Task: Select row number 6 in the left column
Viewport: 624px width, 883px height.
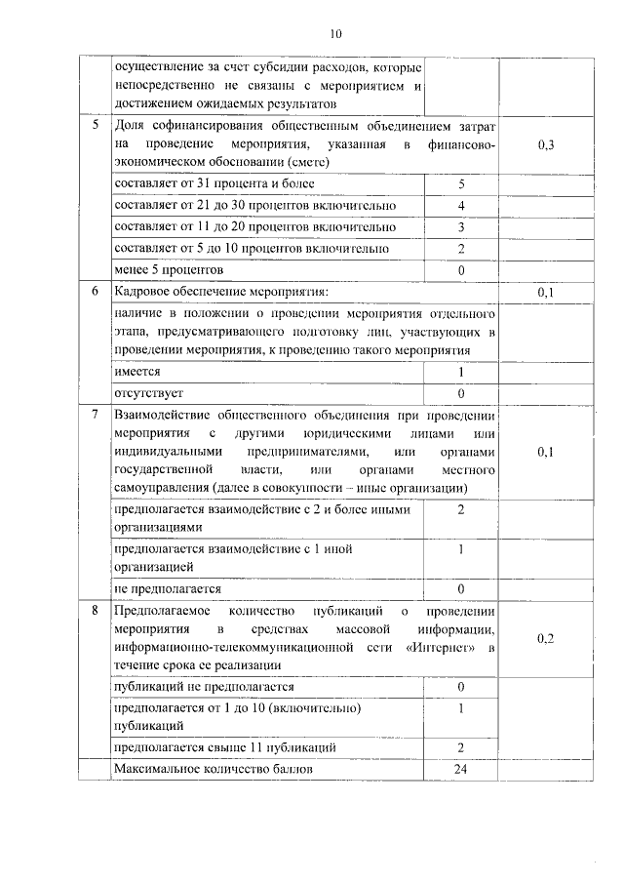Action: [95, 292]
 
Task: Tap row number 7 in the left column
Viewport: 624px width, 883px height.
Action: [95, 415]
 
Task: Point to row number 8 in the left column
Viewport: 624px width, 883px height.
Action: [95, 612]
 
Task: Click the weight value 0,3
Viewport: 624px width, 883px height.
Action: [546, 145]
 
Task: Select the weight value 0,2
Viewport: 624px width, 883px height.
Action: [546, 639]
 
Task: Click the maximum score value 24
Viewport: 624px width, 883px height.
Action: [461, 770]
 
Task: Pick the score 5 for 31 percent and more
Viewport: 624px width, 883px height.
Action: [461, 183]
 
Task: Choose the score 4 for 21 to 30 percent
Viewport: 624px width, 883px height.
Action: [461, 205]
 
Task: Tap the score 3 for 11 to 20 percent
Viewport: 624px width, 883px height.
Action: [461, 226]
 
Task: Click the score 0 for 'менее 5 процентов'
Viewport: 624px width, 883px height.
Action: [461, 269]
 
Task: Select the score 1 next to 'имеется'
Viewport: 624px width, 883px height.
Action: [461, 372]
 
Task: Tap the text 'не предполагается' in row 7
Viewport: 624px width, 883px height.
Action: [168, 589]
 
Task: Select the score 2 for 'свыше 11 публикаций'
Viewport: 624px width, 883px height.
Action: [461, 747]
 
